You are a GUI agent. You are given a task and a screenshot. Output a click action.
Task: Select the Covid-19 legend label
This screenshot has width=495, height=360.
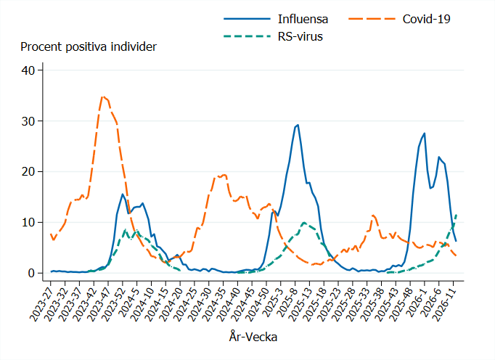[x=427, y=18]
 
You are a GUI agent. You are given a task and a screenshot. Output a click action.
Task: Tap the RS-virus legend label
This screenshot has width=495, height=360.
[x=300, y=36]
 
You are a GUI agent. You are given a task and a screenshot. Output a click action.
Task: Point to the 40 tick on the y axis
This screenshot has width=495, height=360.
[x=28, y=70]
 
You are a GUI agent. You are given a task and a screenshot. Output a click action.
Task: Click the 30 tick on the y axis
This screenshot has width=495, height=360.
[x=28, y=121]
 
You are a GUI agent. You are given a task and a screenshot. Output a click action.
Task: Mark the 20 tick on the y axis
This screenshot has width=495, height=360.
[x=28, y=172]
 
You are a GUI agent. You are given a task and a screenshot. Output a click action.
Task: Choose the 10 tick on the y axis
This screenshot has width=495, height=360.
[x=28, y=223]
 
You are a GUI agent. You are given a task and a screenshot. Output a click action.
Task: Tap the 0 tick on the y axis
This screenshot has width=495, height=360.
[x=31, y=274]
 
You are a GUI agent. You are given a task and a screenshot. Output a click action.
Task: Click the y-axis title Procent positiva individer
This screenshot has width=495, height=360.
[x=89, y=47]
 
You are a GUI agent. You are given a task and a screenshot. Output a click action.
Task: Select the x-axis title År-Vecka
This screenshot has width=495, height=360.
[x=253, y=337]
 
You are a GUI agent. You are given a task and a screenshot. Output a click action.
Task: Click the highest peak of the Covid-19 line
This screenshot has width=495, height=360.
[x=103, y=97]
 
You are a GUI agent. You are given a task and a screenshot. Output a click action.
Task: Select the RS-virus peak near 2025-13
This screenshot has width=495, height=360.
[x=304, y=223]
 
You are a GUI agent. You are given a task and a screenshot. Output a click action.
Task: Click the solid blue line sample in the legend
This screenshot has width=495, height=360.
[x=246, y=18]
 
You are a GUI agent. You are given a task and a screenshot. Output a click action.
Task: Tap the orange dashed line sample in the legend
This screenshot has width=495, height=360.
[x=371, y=18]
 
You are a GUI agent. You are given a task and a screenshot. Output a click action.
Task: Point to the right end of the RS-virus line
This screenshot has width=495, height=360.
[x=456, y=214]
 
